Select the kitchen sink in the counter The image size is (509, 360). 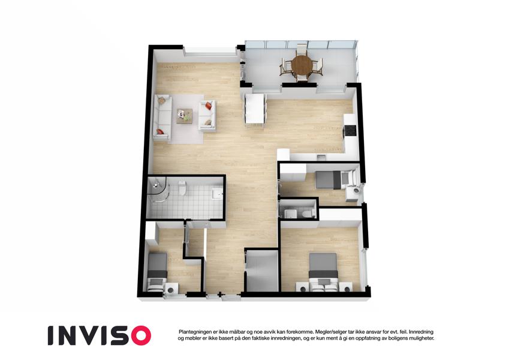321,157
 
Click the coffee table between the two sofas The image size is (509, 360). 185,116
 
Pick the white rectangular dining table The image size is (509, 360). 255,109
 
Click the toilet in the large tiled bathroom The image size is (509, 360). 182,188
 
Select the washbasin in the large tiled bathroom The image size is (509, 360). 217,194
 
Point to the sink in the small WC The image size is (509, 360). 290,214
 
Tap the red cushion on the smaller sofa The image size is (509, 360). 209,105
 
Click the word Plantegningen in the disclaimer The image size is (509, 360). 194,332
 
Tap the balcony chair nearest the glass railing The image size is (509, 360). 302,49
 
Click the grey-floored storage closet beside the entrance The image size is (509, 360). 262,271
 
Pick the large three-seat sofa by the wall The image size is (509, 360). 162,118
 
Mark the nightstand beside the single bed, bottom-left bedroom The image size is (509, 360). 171,288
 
